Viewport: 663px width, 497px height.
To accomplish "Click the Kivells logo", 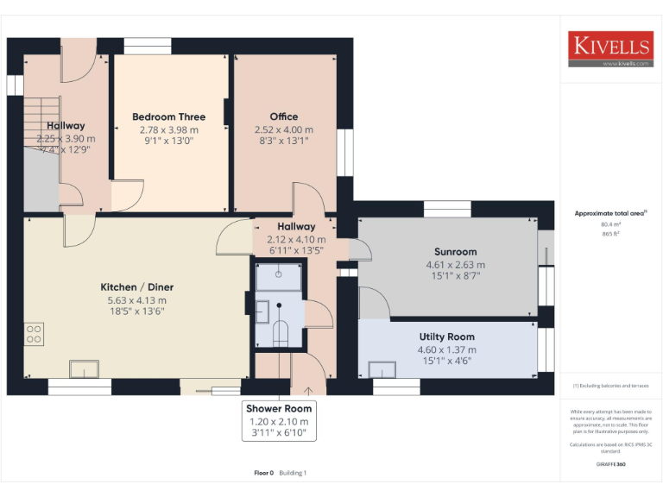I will coord(610,49).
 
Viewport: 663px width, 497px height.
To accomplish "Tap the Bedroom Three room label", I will coord(168,117).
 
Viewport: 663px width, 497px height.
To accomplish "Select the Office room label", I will coord(283,117).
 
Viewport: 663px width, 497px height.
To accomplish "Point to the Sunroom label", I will coord(456,252).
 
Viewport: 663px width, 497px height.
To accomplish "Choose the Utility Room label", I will coord(446,337).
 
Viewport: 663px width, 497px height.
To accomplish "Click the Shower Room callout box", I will coord(279,420).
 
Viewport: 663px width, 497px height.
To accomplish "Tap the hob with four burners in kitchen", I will coord(35,333).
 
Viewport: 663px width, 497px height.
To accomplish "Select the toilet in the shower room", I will coord(280,333).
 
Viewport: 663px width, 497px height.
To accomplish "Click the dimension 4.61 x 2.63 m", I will coord(456,265).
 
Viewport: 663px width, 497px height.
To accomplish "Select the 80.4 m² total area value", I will coord(610,223).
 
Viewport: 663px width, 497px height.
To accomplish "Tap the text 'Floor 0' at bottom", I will coord(263,473).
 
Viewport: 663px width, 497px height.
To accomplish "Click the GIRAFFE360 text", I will coord(610,464).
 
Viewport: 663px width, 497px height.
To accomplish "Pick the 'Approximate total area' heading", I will coord(609,212).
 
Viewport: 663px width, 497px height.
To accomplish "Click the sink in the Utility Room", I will coord(382,369).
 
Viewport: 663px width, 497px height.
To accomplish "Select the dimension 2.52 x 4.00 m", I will coord(283,130).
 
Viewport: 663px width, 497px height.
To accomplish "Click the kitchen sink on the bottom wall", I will coord(84,369).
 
